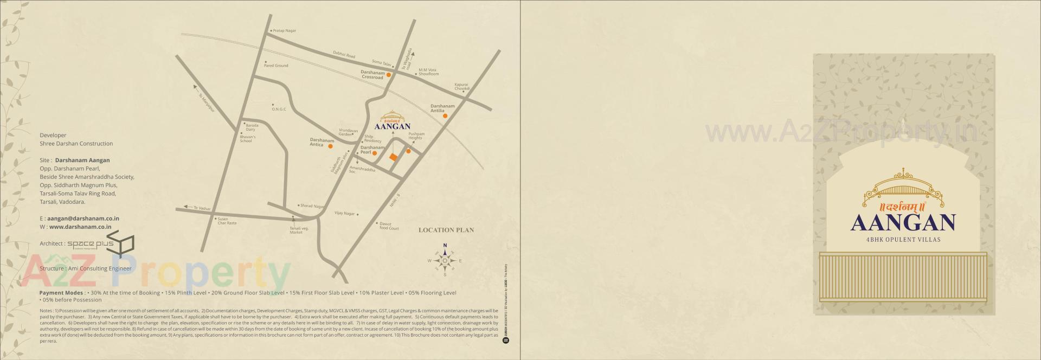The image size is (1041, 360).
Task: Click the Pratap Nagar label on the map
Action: tap(285, 31)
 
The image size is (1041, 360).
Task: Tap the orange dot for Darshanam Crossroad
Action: tap(389, 75)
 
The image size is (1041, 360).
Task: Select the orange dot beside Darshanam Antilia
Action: tap(445, 115)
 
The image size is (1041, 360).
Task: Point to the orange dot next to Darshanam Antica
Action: tap(330, 146)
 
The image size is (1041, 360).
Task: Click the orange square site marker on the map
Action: tap(393, 157)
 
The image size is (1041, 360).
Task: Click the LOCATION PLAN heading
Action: tap(446, 230)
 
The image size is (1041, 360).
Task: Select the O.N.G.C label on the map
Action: tap(279, 110)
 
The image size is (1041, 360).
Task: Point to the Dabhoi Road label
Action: tap(344, 55)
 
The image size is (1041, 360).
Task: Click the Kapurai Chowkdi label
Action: tap(461, 86)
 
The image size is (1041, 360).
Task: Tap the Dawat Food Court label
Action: tap(389, 226)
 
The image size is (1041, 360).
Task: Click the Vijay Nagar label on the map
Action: tap(344, 214)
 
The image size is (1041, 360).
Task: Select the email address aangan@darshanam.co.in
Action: tap(83, 218)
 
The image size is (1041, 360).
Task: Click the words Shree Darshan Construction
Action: tap(76, 144)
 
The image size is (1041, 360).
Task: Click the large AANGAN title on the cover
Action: tap(903, 223)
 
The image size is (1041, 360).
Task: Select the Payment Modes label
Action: tap(61, 293)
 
